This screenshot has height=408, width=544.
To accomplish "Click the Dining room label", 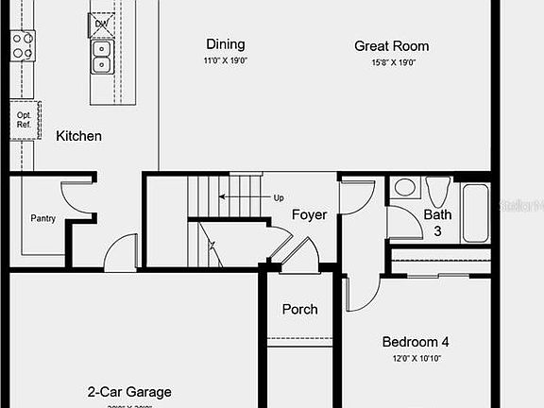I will point(225,44).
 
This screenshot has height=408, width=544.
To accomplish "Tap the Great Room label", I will point(391,45).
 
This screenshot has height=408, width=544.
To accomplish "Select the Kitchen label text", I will point(78,136).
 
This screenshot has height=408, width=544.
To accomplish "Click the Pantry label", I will point(42,218).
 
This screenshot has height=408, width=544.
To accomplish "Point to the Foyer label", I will point(309,214).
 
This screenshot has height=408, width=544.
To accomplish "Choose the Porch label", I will point(300,309).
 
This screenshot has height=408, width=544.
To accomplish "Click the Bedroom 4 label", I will point(416,342).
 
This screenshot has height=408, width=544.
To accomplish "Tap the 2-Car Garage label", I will point(129,392).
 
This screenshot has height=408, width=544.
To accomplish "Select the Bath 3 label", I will point(437,222).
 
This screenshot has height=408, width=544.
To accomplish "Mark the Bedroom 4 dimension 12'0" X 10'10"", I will point(416,359).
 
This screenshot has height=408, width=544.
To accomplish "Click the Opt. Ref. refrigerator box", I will point(25,121).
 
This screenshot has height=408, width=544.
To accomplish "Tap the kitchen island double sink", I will point(101,57).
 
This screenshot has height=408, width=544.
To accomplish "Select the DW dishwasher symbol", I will point(101,23).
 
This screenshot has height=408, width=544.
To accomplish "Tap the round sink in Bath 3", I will point(405,187).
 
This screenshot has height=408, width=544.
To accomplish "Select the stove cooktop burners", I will point(23,45).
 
